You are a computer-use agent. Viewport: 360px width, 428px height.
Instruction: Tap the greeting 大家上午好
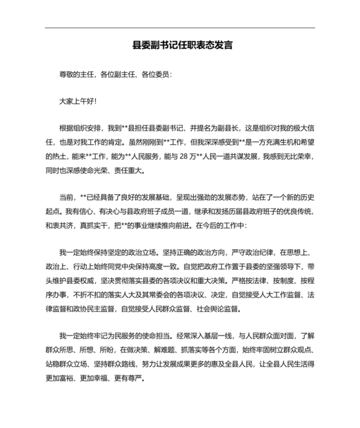[77, 102]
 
